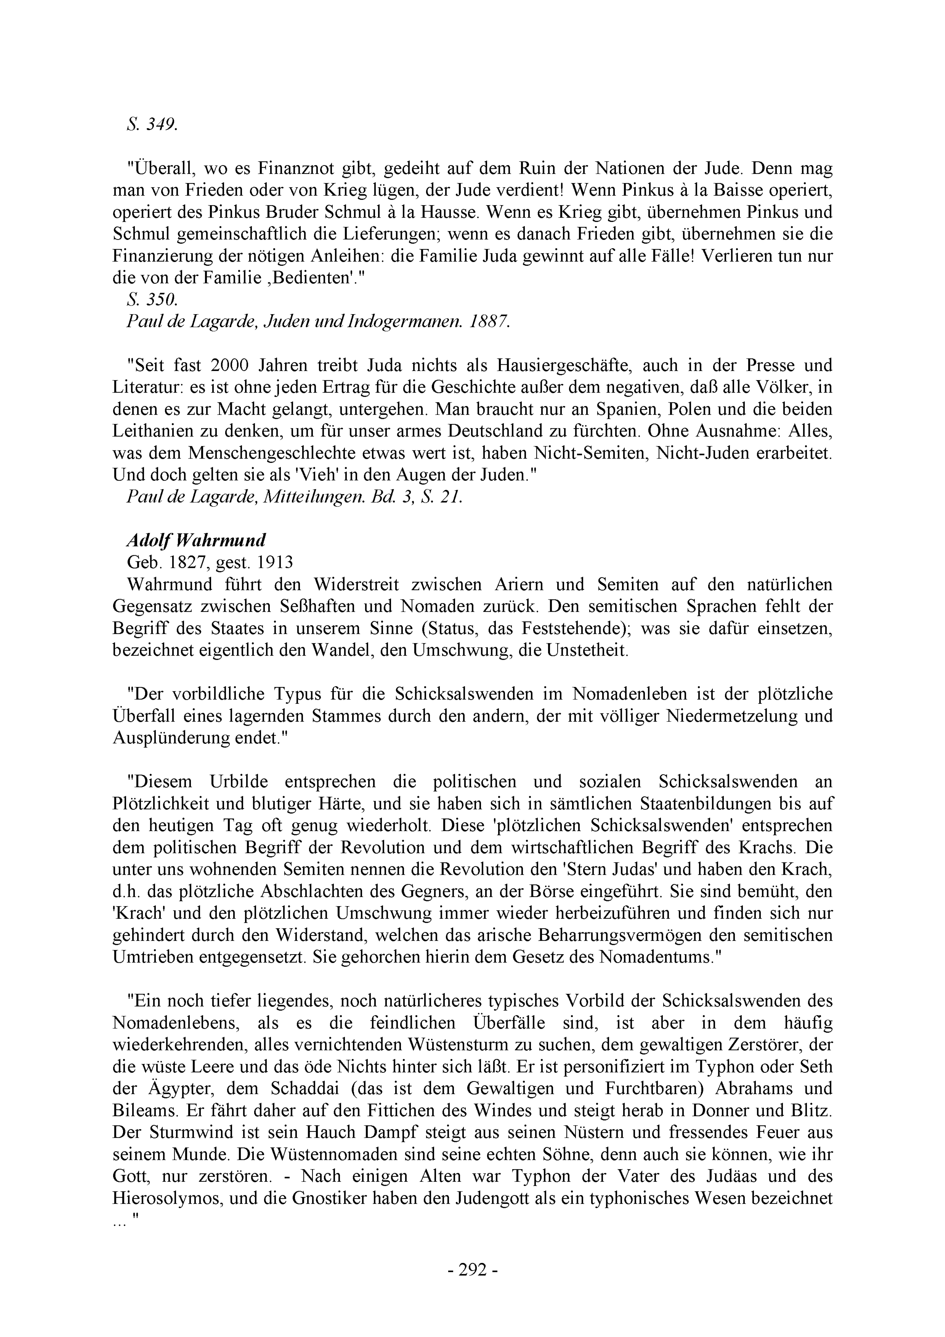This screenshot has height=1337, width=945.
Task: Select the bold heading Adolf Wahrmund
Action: point(196,540)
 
